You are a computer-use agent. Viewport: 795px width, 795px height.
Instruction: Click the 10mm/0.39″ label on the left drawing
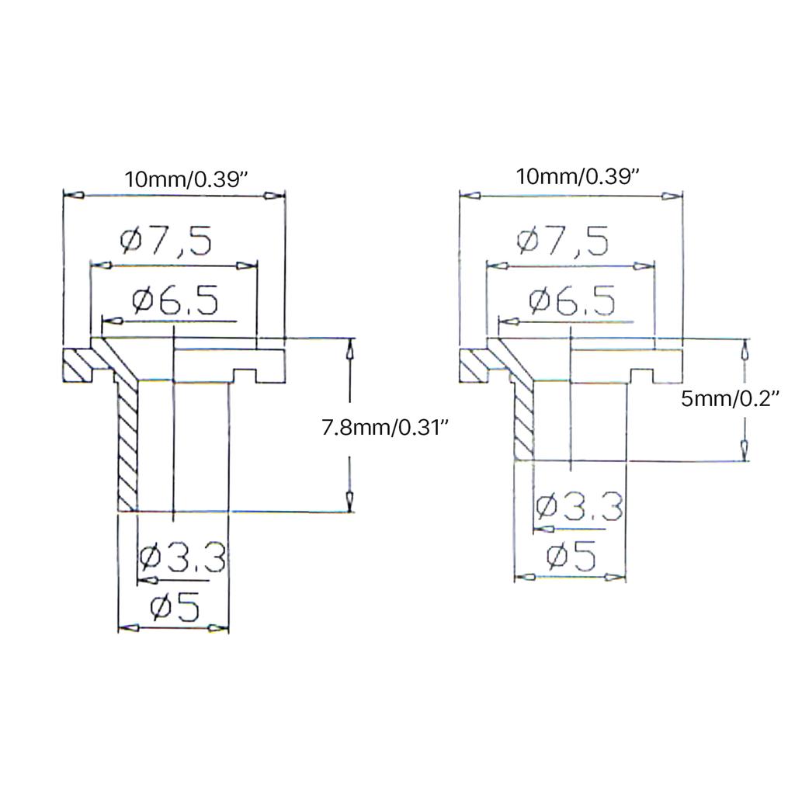[x=186, y=179]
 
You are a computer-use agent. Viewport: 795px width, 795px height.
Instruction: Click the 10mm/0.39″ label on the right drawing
[x=578, y=177]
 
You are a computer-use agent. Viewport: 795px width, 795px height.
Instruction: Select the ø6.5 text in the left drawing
[x=175, y=300]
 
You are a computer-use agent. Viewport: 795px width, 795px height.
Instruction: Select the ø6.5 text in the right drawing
[x=572, y=300]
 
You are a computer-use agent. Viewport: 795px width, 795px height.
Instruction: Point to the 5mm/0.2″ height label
[x=730, y=399]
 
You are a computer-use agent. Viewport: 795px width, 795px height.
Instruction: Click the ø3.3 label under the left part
[x=182, y=557]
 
